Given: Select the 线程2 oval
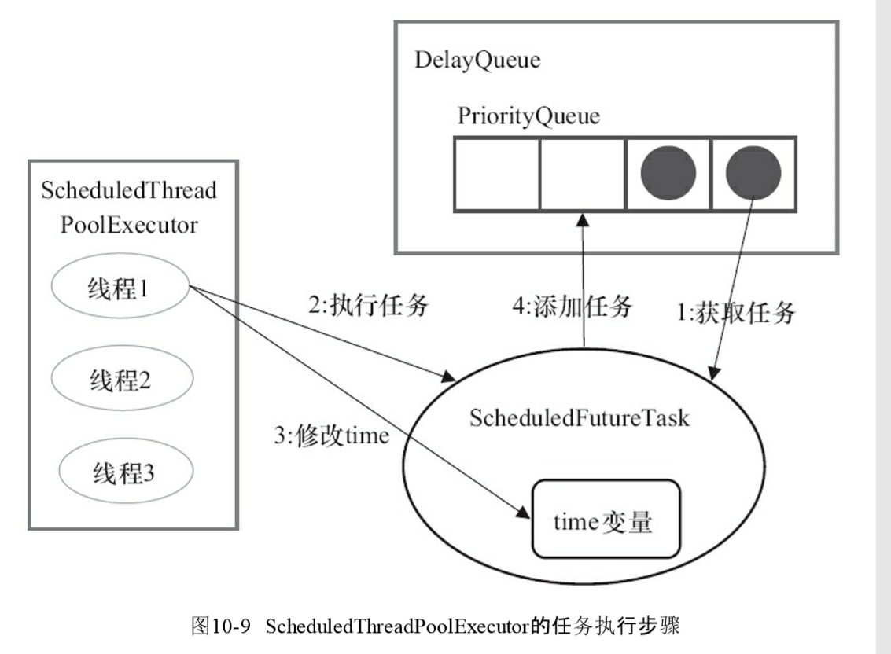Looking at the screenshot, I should click(x=122, y=382).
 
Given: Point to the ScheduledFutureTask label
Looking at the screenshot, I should click(x=579, y=417).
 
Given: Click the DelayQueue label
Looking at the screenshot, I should click(x=478, y=61).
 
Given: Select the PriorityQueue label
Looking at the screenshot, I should click(x=528, y=117).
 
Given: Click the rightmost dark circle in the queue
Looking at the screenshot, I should click(x=753, y=174).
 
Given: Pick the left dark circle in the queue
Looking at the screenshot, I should click(x=668, y=174).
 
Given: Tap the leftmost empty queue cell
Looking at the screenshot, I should click(x=497, y=174).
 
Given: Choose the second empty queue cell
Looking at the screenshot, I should click(x=583, y=174).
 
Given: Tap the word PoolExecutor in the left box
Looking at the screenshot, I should click(x=129, y=226).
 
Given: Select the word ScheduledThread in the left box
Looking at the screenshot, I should click(x=129, y=191).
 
